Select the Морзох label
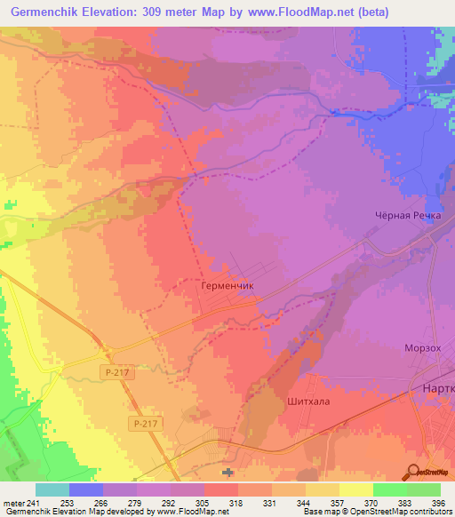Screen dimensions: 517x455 coord(422,349)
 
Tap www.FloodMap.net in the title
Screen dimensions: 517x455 coord(309,12)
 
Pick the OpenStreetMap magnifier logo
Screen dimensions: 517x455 coord(415,472)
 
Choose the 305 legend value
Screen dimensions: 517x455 coord(204,503)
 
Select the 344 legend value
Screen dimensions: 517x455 coord(305,503)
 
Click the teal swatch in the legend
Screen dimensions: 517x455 coord(52,489)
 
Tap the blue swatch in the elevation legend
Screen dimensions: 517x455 coord(86,489)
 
